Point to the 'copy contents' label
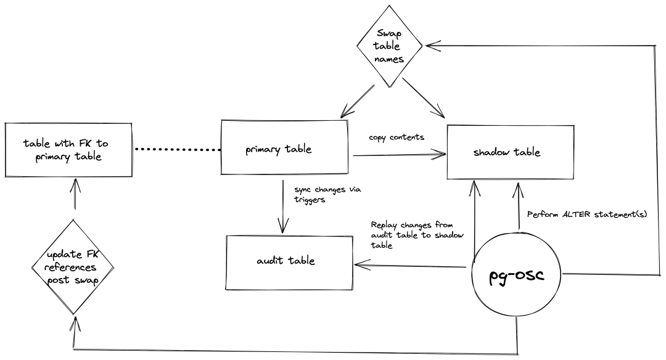coord(397,137)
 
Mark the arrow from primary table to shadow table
coord(398,156)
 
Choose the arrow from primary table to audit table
coord(282,207)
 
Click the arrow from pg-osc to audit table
coord(410,266)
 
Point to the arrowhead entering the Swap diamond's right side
coord(432,46)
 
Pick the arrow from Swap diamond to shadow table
coord(423,99)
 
